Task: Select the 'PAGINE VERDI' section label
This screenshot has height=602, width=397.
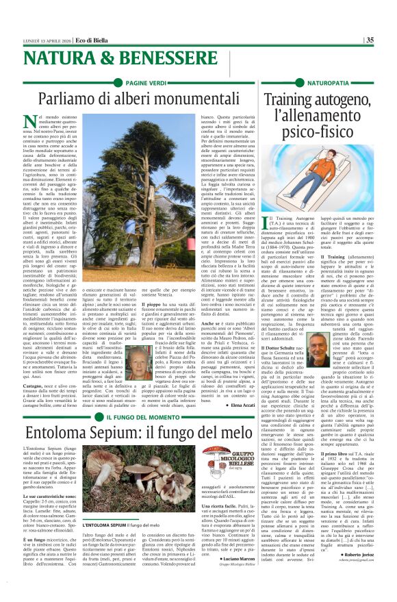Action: (146, 82)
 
